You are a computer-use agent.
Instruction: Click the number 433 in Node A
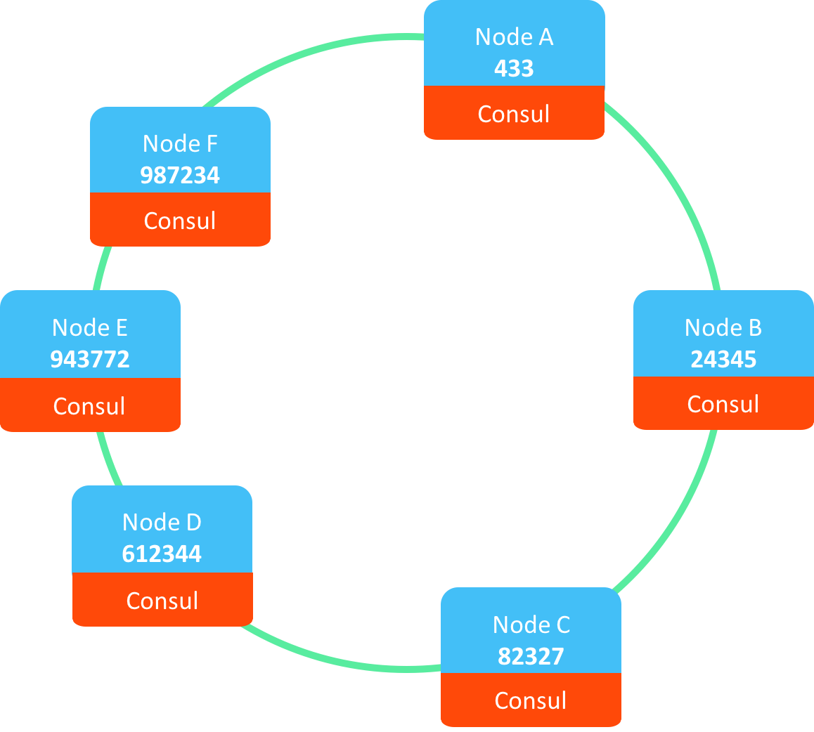(514, 69)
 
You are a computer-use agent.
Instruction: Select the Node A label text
(514, 37)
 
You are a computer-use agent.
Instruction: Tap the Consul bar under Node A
(514, 114)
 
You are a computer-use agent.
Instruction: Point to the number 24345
(723, 360)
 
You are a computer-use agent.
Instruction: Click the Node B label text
(723, 327)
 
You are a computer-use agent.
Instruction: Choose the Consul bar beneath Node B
(723, 404)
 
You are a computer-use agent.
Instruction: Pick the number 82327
(531, 656)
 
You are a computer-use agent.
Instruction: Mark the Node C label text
(531, 625)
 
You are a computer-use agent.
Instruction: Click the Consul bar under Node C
(531, 700)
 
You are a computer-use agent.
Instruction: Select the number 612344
(162, 554)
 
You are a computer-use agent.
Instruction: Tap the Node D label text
(162, 522)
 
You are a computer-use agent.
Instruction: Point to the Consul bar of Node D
(162, 601)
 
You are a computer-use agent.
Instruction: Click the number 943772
(90, 360)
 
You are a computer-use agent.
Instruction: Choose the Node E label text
(90, 327)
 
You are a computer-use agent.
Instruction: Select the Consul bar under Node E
(90, 406)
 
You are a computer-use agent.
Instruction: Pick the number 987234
(180, 176)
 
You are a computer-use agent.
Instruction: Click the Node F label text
(180, 143)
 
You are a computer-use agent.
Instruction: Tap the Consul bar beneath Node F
(180, 221)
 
